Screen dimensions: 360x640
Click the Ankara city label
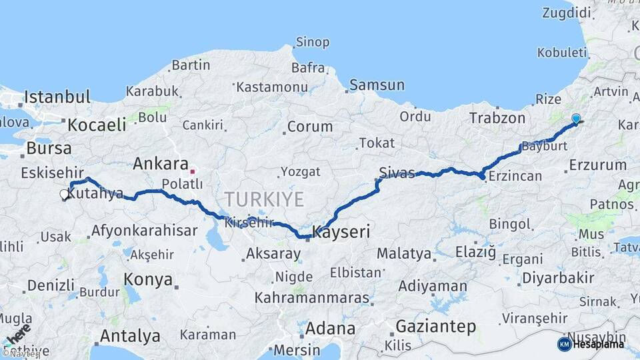pyautogui.click(x=160, y=163)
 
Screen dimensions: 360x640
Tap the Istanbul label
pyautogui.click(x=57, y=97)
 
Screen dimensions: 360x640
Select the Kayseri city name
pyautogui.click(x=341, y=233)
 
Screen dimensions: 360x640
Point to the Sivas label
pyautogui.click(x=397, y=172)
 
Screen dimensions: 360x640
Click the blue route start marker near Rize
pyautogui.click(x=576, y=119)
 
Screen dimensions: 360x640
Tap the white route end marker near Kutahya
pyautogui.click(x=65, y=195)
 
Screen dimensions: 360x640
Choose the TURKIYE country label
pyautogui.click(x=264, y=199)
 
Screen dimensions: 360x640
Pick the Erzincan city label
pyautogui.click(x=515, y=176)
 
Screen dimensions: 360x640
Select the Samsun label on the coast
pyautogui.click(x=377, y=85)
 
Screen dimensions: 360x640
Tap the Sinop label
pyautogui.click(x=311, y=42)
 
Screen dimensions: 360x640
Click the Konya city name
pyautogui.click(x=149, y=279)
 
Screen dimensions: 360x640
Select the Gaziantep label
pyautogui.click(x=436, y=327)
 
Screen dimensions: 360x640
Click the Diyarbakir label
pyautogui.click(x=557, y=278)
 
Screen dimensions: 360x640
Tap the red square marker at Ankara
pyautogui.click(x=193, y=171)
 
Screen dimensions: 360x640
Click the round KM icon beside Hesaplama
pyautogui.click(x=564, y=344)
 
